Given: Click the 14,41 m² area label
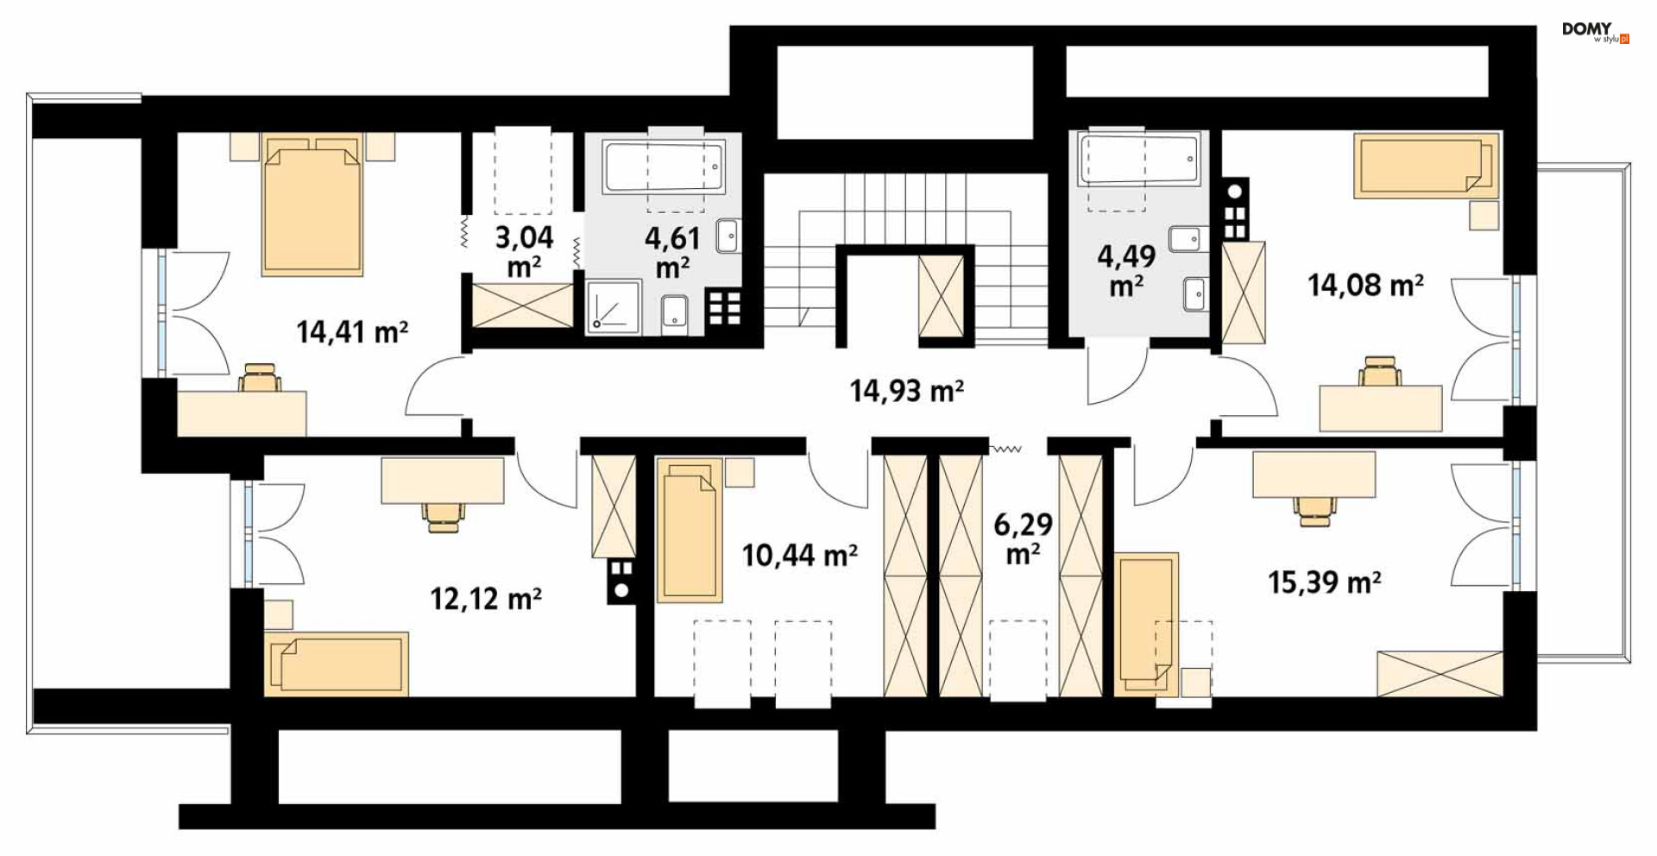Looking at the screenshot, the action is (x=352, y=331).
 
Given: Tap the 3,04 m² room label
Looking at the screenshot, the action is (x=524, y=251).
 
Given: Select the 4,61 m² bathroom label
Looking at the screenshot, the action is (x=672, y=252).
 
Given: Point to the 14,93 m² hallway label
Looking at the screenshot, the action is (x=906, y=391).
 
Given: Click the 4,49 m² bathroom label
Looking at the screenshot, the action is (x=1126, y=270).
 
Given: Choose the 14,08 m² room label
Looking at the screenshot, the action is (x=1365, y=284).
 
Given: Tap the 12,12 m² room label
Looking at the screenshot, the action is (x=486, y=598).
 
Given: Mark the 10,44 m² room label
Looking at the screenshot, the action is (x=800, y=555).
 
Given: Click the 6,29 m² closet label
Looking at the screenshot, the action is (x=1023, y=538).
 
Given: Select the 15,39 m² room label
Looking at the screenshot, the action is (x=1324, y=582).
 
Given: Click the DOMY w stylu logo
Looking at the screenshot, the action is (x=1595, y=32).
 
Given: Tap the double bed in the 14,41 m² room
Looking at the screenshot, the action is (x=312, y=205).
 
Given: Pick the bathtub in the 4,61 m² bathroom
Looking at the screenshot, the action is (x=664, y=167).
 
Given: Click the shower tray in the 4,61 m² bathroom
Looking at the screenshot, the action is (x=614, y=306).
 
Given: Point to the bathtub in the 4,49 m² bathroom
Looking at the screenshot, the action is (x=1138, y=157).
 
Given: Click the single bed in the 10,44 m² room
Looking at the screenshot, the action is (x=690, y=529).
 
